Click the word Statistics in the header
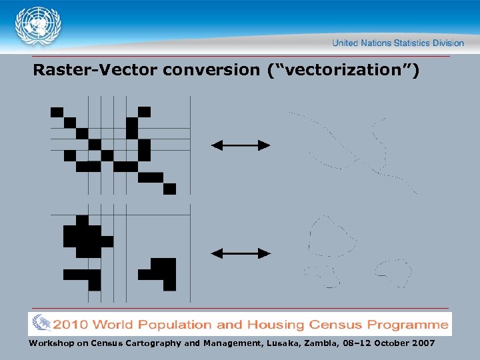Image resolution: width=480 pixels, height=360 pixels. (411, 43)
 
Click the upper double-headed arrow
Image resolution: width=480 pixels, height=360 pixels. (241, 145)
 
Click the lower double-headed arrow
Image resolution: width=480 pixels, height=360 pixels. (241, 253)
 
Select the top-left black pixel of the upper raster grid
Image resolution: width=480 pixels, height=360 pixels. (57, 111)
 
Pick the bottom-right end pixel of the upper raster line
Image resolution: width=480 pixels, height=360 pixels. (169, 189)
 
